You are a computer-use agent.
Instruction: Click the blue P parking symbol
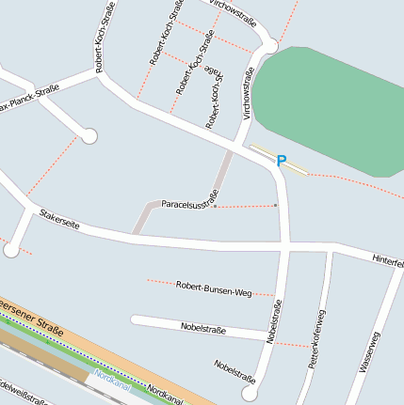click(x=281, y=162)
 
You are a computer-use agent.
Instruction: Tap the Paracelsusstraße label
click(x=189, y=200)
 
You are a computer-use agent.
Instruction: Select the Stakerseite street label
click(x=59, y=221)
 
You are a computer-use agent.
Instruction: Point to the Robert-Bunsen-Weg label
click(x=212, y=287)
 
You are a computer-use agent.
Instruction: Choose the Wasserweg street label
click(x=370, y=353)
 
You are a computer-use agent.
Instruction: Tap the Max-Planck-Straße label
click(x=28, y=99)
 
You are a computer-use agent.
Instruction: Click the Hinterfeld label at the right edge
click(x=387, y=260)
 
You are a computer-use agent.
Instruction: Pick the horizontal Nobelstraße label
click(x=202, y=328)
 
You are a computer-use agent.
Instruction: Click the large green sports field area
click(x=330, y=108)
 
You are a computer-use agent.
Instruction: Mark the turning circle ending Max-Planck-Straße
click(x=89, y=137)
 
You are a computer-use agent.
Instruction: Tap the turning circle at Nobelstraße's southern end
click(x=249, y=394)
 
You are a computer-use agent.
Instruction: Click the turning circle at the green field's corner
click(x=271, y=45)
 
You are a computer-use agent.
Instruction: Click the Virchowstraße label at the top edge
click(x=234, y=8)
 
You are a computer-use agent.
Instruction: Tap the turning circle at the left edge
click(x=10, y=250)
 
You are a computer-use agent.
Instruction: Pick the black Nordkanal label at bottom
click(x=165, y=395)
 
